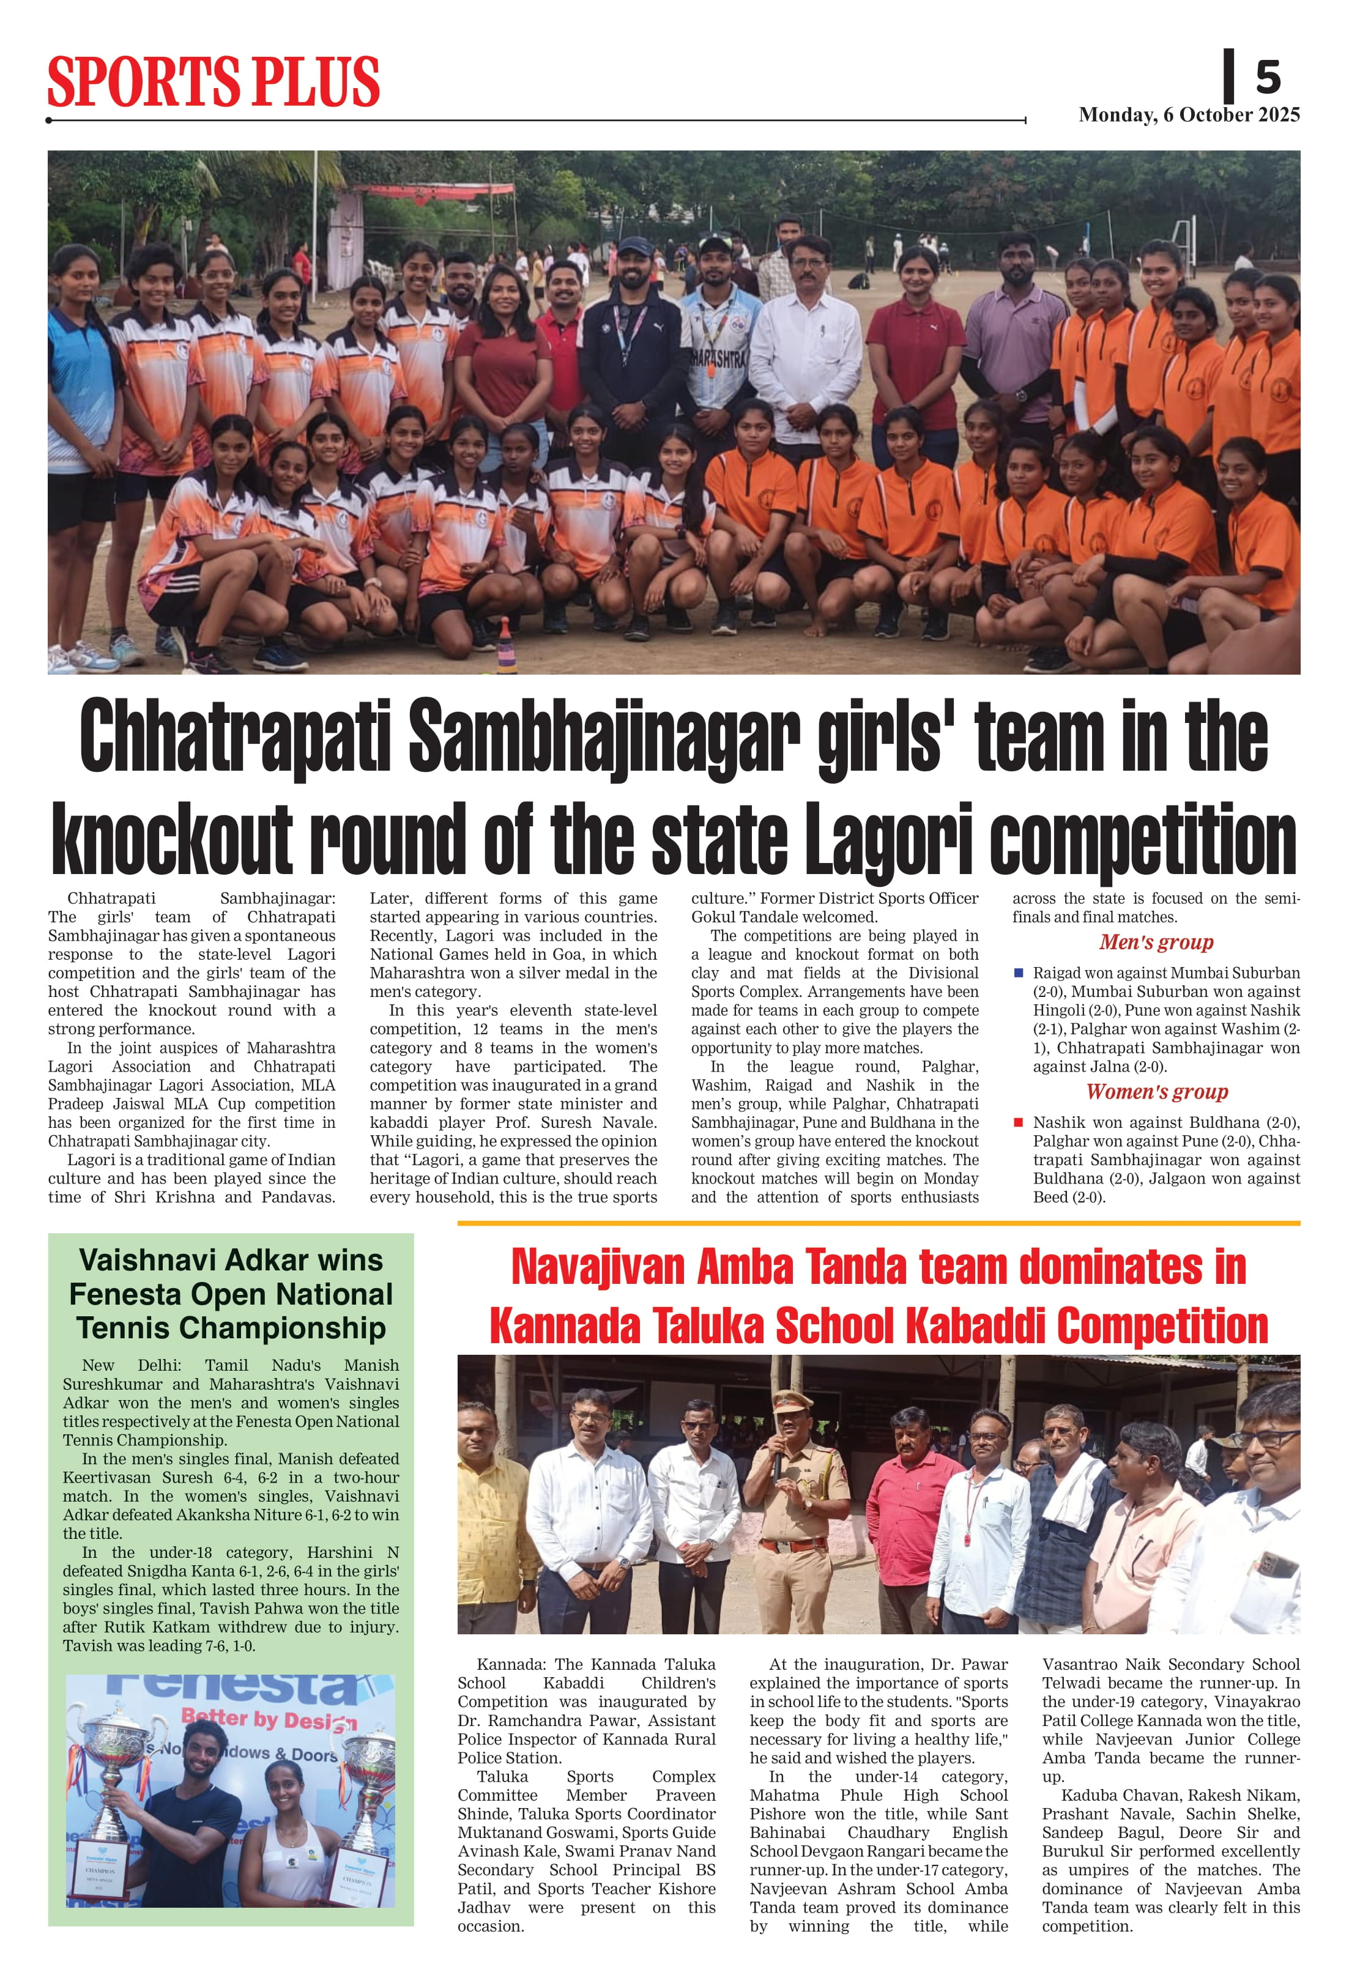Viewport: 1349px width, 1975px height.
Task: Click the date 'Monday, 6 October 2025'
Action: (x=1188, y=115)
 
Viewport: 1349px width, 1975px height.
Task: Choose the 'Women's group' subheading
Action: (x=1156, y=1092)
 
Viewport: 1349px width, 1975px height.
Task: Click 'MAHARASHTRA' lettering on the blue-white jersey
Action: (x=716, y=358)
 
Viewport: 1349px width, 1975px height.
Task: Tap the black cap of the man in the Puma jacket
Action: (x=636, y=246)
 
